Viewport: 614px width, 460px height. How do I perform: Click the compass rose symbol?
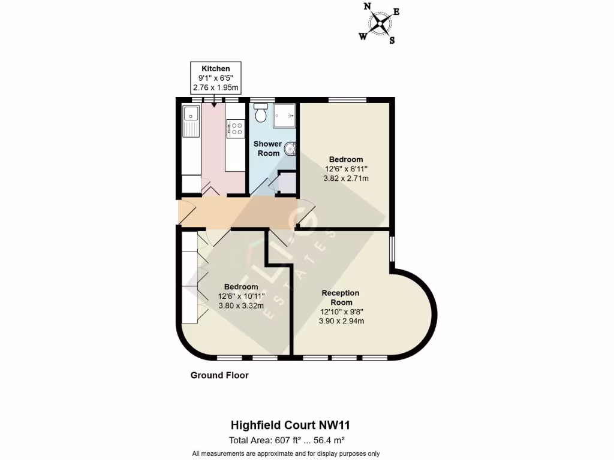380,24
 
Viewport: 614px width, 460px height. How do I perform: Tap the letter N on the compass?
367,7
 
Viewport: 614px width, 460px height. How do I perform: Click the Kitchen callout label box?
215,78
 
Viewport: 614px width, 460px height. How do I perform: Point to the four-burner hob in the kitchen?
235,128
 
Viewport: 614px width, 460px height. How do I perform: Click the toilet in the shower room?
260,112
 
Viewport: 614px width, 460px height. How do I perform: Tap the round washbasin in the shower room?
290,149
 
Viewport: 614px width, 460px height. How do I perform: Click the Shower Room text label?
267,149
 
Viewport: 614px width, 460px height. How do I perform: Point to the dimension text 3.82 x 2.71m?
346,178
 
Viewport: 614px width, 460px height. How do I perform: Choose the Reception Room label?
341,297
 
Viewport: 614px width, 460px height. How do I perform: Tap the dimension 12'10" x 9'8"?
341,311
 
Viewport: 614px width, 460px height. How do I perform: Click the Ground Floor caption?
219,376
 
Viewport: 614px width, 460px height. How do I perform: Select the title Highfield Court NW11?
290,425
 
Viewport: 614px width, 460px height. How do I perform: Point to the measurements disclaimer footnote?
285,453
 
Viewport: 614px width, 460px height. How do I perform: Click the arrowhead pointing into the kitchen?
215,104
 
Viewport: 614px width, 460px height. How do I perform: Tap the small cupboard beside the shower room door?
287,183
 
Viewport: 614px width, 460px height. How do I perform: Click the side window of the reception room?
392,249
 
